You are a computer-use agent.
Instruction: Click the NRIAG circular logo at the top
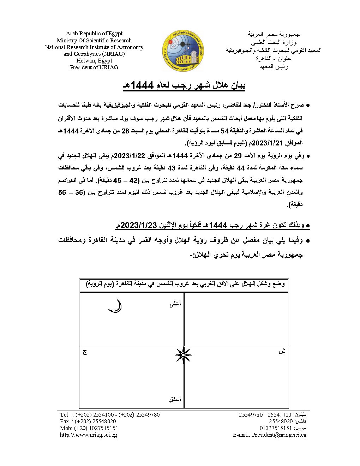pos(183,50)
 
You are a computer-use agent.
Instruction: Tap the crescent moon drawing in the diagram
pos(115,306)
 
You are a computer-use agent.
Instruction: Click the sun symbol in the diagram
pos(183,355)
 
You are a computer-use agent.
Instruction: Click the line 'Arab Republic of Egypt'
pos(94,34)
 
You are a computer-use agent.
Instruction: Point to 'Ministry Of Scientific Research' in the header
pos(94,40)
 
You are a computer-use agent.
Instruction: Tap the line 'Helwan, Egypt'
pos(94,60)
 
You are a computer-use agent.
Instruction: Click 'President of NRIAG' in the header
pos(94,67)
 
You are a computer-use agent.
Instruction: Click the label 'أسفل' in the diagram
pos(175,399)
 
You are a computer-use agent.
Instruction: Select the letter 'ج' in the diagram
pos(85,352)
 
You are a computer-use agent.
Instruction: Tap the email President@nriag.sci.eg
pos(279,435)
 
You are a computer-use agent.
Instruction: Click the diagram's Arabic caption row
pos(184,284)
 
